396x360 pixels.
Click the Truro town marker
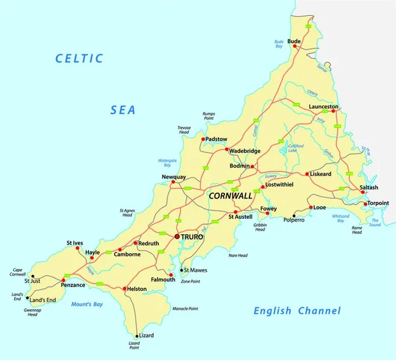[176, 235]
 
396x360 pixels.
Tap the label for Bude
[294, 41]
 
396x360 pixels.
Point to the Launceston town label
[323, 106]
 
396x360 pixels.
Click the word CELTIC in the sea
[79, 59]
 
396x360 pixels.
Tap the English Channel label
[298, 311]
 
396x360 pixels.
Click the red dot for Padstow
[203, 139]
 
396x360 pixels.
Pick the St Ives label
[75, 243]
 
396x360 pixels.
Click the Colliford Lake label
[296, 148]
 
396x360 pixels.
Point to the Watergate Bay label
[169, 163]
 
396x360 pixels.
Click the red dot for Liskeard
[307, 174]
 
